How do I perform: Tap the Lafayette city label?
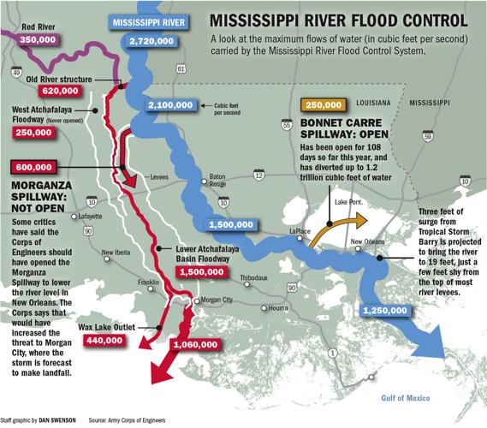(x=102, y=217)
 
